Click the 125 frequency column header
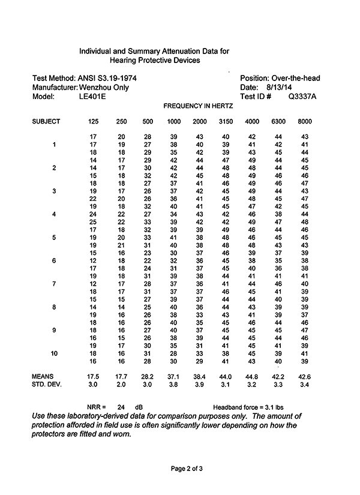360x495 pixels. [x=93, y=122]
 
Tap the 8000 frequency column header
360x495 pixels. [x=304, y=122]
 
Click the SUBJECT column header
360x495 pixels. [x=46, y=122]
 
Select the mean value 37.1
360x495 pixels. [x=173, y=376]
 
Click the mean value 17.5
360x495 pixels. [x=93, y=376]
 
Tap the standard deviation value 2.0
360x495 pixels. [x=121, y=384]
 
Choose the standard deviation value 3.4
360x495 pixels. [x=304, y=384]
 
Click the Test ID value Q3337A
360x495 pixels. [x=302, y=96]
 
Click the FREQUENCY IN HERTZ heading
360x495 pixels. [x=198, y=106]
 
